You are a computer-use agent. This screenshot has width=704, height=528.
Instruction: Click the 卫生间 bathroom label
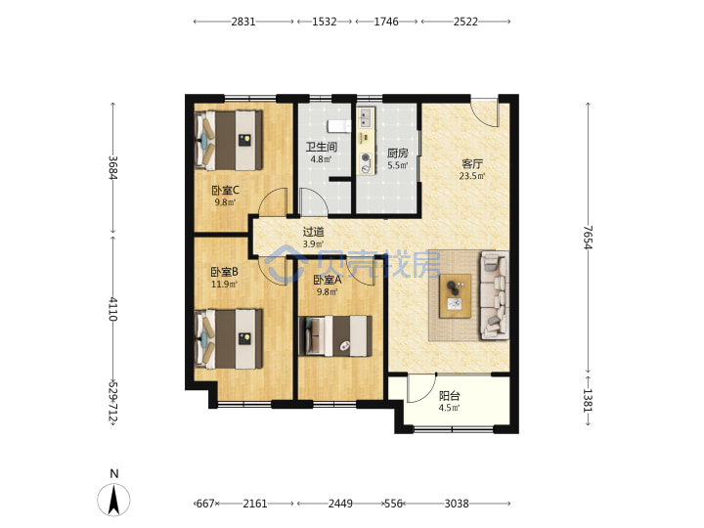pos(322,147)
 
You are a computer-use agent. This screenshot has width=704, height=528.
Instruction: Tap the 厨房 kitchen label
pos(398,154)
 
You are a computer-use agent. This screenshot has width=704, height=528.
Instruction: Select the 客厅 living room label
pos(472,164)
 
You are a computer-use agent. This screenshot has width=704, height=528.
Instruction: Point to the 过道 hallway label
pos(313,232)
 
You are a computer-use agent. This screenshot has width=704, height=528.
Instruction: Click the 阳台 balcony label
pos(450,396)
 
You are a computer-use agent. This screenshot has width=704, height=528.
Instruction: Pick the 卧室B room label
pos(225,272)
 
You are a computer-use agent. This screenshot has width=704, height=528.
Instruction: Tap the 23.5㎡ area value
pos(472,176)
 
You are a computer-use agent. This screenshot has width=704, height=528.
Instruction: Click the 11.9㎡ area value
pos(225,284)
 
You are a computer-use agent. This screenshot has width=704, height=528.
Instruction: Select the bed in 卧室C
pos(229,141)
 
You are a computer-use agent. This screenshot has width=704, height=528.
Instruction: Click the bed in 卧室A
pos(335,336)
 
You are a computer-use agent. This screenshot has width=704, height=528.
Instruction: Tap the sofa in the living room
pos(495,295)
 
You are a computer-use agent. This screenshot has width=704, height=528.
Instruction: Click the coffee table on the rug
pos(456,296)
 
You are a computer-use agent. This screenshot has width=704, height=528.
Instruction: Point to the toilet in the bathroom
pos(339,126)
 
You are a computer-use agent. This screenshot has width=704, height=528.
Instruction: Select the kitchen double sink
pos(366,117)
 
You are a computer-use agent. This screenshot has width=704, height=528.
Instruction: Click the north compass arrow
pos(114,500)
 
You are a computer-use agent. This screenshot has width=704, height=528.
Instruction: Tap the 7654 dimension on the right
pos(589,238)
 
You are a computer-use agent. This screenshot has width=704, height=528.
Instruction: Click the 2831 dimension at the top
pos(243,22)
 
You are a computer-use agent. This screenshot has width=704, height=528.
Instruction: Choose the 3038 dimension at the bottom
pos(457,504)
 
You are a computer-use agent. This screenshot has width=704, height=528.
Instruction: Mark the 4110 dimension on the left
pos(112,309)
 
